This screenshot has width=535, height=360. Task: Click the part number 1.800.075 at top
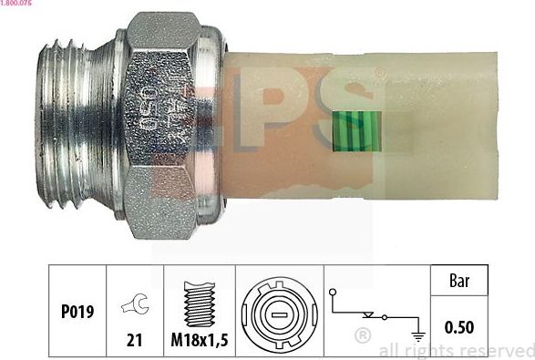17,5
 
